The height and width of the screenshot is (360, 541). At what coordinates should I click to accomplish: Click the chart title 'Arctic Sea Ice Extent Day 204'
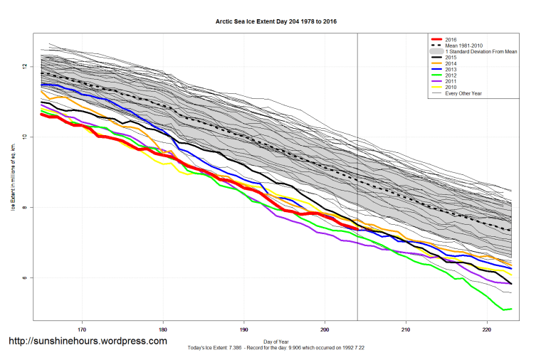click(x=276, y=22)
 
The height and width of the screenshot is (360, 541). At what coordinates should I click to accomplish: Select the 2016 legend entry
click(x=449, y=39)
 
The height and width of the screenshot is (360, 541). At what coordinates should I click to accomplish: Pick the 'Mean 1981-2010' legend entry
click(x=463, y=46)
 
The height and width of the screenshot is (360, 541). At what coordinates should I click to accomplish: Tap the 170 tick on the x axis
click(x=83, y=329)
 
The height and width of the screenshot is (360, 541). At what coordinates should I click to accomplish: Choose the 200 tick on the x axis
click(x=325, y=329)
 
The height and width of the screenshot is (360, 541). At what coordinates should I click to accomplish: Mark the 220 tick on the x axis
click(x=487, y=329)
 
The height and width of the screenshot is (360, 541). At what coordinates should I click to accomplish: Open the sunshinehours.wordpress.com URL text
click(x=88, y=342)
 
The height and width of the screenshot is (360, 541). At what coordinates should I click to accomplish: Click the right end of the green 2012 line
click(x=511, y=309)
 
